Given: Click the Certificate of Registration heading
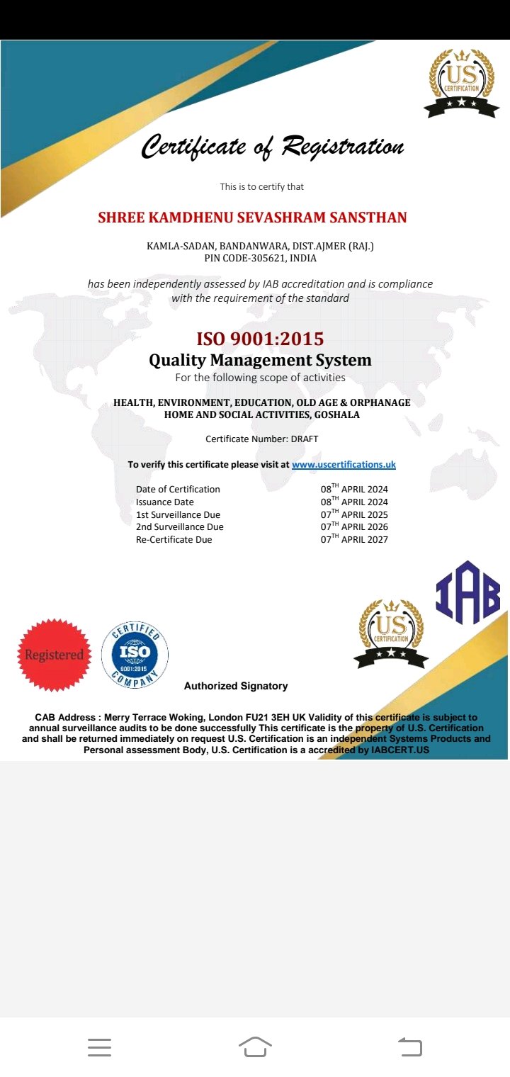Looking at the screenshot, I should [x=272, y=147].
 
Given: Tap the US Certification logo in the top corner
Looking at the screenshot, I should [x=460, y=82].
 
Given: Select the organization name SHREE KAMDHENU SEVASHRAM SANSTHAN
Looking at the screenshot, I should [x=252, y=218].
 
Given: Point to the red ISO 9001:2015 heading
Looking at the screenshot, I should [x=260, y=339].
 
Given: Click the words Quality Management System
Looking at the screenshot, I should [x=260, y=360].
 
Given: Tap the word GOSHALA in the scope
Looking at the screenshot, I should [x=337, y=415].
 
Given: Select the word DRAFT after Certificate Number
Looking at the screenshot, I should [x=305, y=439].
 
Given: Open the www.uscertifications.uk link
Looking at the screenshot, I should [x=344, y=465].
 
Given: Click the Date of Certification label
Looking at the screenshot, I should [x=178, y=490].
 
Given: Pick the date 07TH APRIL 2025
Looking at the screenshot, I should [x=354, y=514].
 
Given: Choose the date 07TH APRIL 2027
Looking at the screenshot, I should [x=354, y=539].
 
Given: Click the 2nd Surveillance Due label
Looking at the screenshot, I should [x=180, y=527].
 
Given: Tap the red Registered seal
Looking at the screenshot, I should [x=55, y=655].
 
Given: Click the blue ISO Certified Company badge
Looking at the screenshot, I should [x=135, y=655].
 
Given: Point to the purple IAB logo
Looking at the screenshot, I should [x=467, y=593].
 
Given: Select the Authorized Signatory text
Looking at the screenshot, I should [x=236, y=686].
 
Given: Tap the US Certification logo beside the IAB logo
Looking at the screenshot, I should [x=391, y=633].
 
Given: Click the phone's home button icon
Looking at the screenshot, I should [x=255, y=1047].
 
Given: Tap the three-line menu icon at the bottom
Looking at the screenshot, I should [x=99, y=1047].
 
